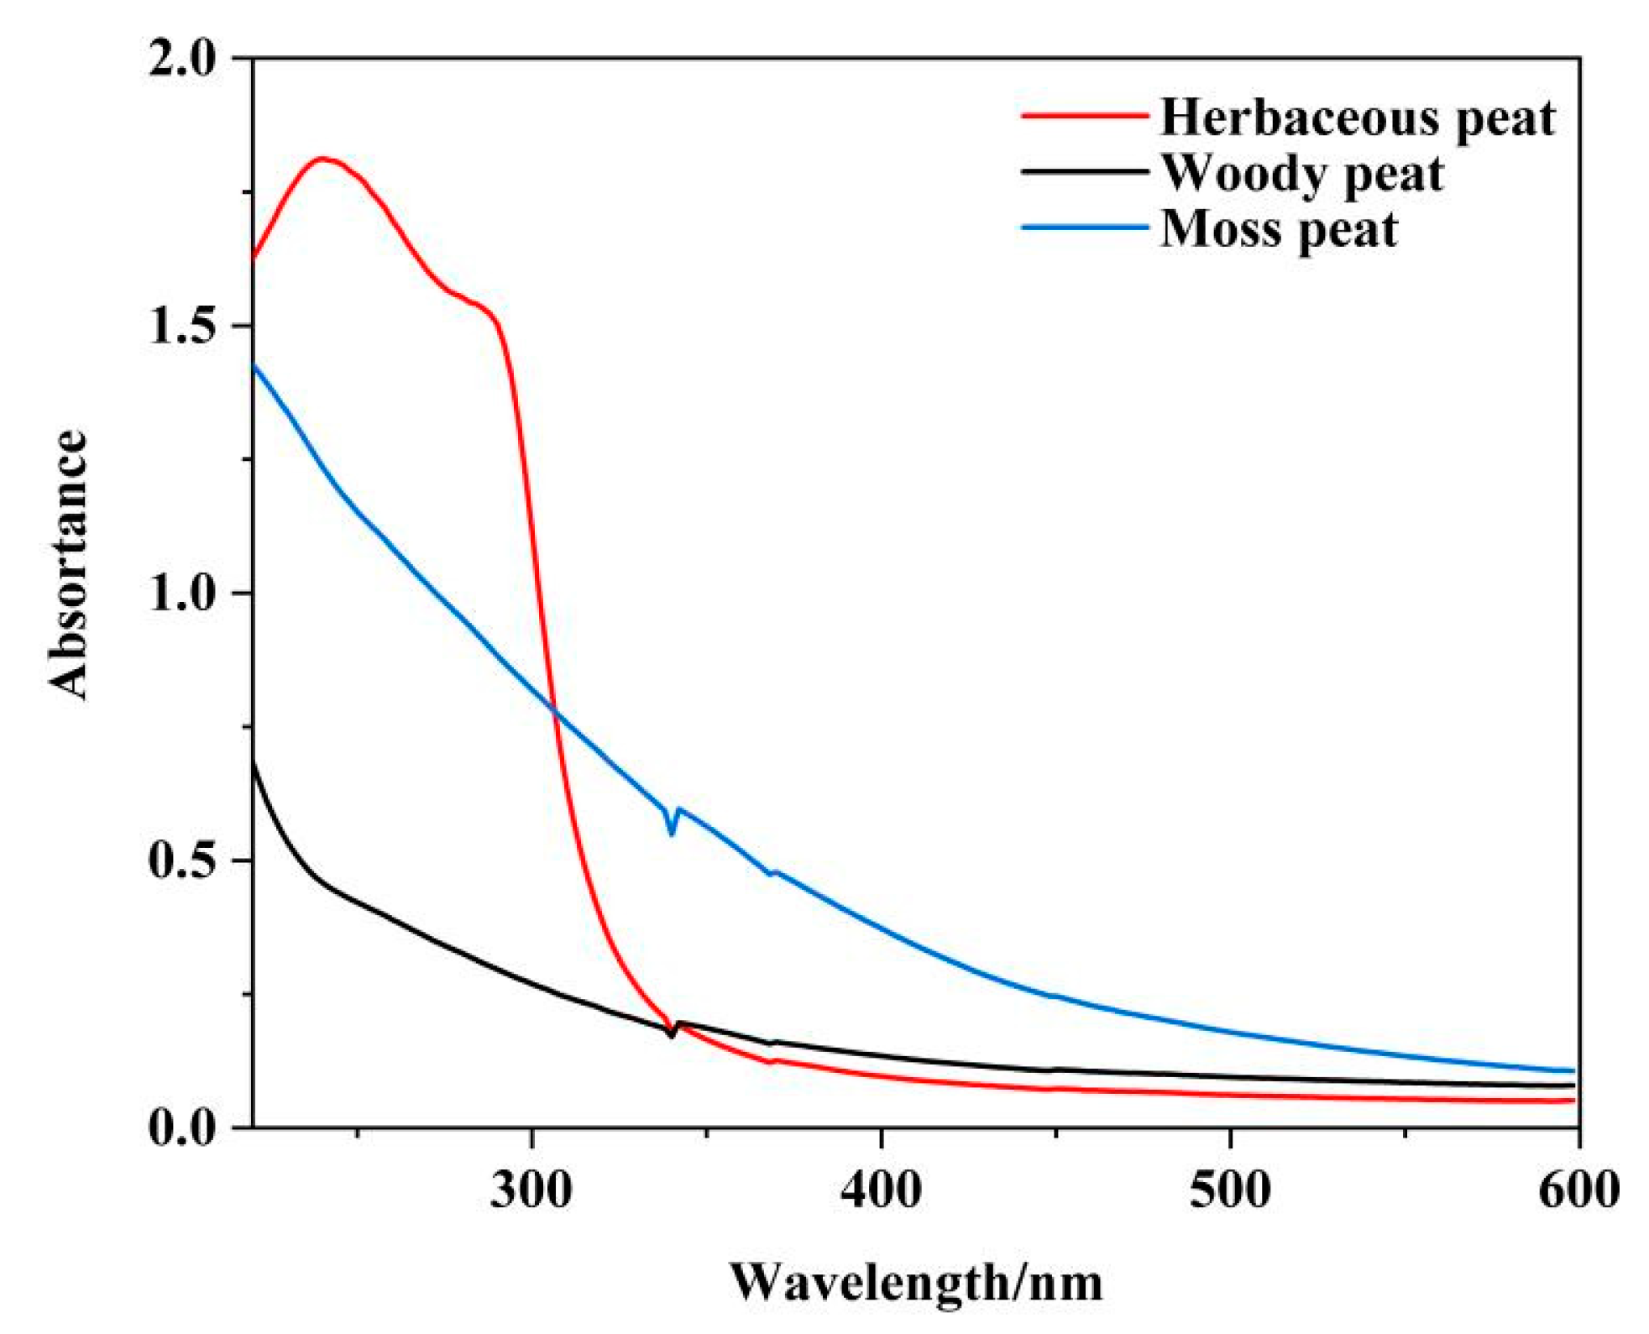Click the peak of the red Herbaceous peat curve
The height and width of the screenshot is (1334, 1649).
point(321,158)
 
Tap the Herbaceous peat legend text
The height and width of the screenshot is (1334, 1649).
point(1357,118)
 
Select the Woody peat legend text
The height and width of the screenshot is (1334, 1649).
point(1301,174)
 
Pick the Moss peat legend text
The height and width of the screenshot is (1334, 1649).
point(1278,229)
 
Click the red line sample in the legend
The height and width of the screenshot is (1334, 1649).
point(1084,115)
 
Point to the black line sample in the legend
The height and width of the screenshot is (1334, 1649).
point(1084,171)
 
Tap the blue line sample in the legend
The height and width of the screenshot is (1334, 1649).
point(1084,228)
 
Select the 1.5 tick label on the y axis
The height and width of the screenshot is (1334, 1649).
point(181,326)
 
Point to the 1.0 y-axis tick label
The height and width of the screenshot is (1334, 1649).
point(181,593)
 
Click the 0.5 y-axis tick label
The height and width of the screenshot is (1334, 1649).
point(181,861)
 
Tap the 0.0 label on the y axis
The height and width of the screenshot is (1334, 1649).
point(181,1127)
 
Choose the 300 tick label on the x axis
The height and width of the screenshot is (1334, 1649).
point(531,1190)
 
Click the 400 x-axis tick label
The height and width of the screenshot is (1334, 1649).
point(881,1190)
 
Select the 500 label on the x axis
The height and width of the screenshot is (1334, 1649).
point(1230,1190)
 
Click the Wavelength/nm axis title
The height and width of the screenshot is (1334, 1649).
point(915,1283)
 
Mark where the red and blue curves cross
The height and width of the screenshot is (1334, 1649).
point(554,710)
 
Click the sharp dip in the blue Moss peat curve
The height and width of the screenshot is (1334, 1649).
point(671,833)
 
